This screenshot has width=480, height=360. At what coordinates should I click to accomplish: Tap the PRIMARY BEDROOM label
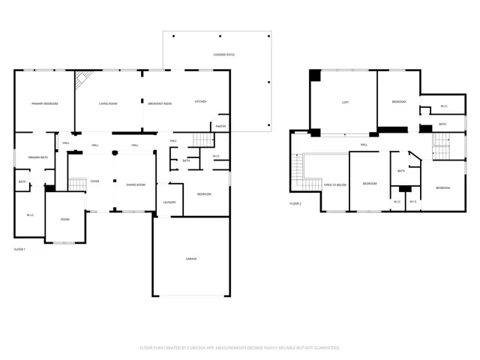44,103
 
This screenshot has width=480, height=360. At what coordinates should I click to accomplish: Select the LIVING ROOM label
107,103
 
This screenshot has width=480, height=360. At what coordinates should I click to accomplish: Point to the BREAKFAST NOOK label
160,103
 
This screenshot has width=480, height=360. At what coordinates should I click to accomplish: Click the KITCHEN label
200,101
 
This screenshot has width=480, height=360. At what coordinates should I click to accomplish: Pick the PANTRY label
220,126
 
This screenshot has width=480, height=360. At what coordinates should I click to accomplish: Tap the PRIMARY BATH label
37,157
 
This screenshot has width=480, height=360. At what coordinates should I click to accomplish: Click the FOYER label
95,181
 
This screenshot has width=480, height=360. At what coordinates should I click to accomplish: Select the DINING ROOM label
136,184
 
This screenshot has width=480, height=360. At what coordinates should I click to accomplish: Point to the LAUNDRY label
169,202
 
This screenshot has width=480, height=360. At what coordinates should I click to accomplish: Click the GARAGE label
191,258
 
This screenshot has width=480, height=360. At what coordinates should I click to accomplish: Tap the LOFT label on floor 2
345,102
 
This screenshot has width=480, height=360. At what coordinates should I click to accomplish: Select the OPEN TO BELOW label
334,184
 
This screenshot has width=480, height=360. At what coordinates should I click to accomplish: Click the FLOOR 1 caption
19,248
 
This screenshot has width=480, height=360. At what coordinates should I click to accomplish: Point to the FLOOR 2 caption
295,203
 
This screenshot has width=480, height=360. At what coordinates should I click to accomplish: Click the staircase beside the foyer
76,184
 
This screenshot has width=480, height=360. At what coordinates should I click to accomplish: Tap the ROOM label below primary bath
65,219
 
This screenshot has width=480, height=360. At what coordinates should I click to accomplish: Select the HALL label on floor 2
363,145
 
